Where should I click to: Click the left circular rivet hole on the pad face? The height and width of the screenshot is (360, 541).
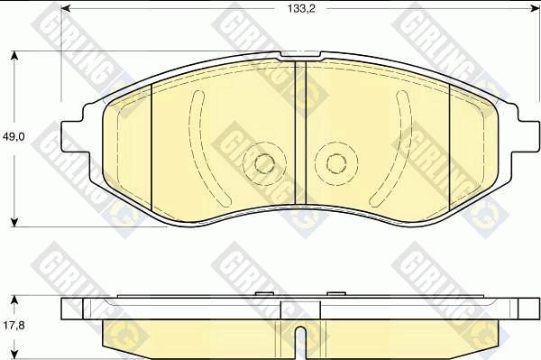263,163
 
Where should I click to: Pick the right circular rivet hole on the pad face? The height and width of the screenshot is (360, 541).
336,163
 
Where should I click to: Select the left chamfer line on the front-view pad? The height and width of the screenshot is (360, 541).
151,144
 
